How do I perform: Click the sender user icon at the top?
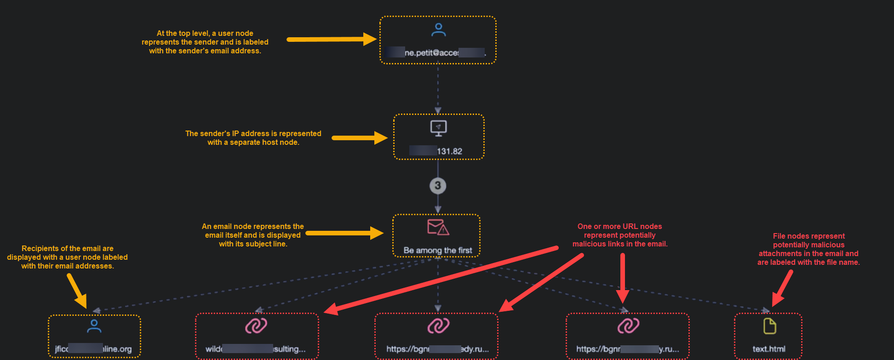438,30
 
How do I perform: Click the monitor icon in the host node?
438,128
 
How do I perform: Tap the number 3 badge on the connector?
438,186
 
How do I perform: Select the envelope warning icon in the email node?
438,227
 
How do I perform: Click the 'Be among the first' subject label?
438,250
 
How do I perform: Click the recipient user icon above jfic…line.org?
94,326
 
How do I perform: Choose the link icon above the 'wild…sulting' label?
256,326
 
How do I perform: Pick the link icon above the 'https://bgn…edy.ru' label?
438,326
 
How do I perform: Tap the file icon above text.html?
769,326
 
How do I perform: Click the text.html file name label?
769,349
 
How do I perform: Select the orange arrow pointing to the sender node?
331,40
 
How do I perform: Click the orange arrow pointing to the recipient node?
77,291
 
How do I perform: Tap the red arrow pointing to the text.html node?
782,288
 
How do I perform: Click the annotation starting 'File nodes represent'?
808,249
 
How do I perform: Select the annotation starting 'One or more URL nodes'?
619,235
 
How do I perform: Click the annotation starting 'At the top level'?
205,42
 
